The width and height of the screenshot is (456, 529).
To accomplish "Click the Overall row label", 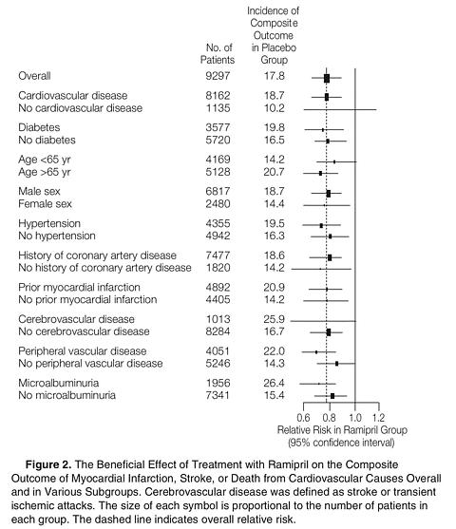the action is click(34, 76).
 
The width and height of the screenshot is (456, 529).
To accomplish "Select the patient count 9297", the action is click(218, 76).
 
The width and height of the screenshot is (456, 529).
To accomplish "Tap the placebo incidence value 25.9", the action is click(274, 319).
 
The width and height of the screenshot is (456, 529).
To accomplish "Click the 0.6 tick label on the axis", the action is click(303, 418).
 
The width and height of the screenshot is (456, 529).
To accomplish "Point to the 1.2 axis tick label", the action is click(378, 418).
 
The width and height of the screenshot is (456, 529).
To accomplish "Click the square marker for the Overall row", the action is click(327, 78).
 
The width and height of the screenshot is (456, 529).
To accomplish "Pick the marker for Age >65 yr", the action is click(320, 173).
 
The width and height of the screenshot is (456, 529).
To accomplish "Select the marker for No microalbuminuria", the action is click(332, 396).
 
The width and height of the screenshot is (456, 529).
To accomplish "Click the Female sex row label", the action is click(45, 204).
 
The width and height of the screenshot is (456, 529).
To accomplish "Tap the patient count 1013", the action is click(218, 319).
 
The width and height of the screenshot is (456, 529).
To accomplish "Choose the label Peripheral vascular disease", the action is click(83, 351).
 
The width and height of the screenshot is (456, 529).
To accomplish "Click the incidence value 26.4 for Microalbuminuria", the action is click(274, 383).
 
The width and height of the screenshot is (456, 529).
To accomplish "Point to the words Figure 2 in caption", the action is click(48, 464).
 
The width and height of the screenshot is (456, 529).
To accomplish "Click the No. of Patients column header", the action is click(218, 53).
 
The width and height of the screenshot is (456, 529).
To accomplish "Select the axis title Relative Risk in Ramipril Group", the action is click(342, 430).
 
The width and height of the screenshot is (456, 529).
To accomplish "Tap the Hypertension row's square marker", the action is click(321, 225).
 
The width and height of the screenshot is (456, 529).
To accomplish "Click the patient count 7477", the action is click(218, 255).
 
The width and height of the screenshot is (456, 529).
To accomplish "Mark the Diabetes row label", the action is click(39, 127).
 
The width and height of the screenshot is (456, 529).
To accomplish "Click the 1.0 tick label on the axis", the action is click(354, 418).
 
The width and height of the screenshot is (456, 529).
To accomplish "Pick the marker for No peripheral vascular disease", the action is click(336, 364).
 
